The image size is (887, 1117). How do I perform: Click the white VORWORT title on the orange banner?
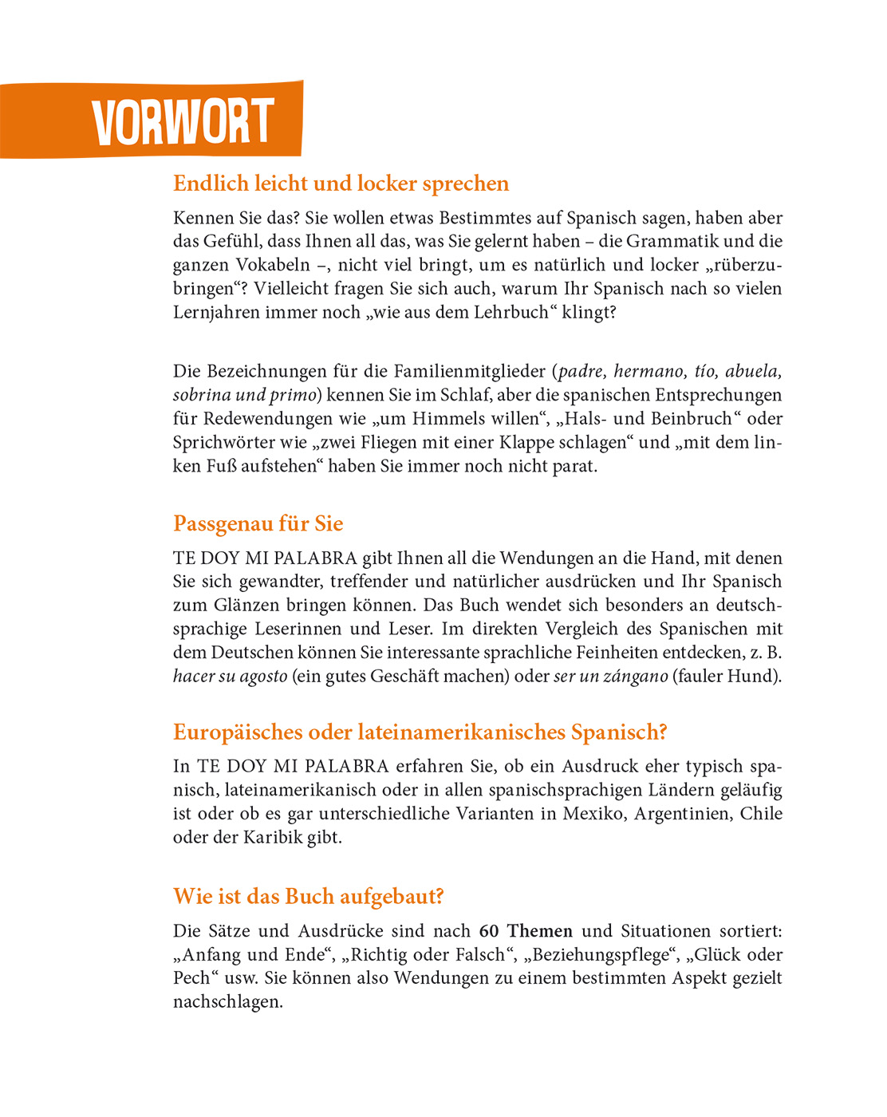pyautogui.click(x=183, y=122)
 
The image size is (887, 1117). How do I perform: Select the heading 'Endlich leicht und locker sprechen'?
pyautogui.click(x=341, y=184)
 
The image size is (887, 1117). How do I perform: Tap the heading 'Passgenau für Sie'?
pyautogui.click(x=258, y=523)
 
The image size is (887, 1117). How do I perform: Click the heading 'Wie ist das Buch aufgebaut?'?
pyautogui.click(x=308, y=896)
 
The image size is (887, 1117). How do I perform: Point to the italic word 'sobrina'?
pyautogui.click(x=201, y=395)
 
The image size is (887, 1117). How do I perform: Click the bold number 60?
pyautogui.click(x=488, y=931)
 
